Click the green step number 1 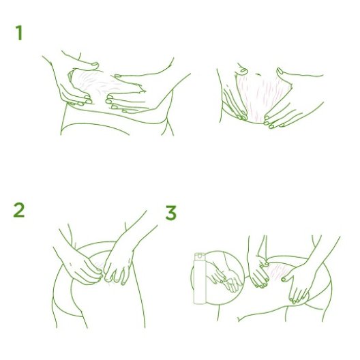tap(19, 33)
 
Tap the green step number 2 tap(19, 210)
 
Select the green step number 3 tap(171, 213)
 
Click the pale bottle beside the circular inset tap(200, 278)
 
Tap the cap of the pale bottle tap(200, 256)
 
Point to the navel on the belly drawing tap(258, 74)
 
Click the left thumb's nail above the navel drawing tap(244, 70)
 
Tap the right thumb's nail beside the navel tap(280, 71)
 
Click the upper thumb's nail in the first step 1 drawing tap(95, 64)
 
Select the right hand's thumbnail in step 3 tap(284, 280)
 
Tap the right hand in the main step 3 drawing tap(296, 285)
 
